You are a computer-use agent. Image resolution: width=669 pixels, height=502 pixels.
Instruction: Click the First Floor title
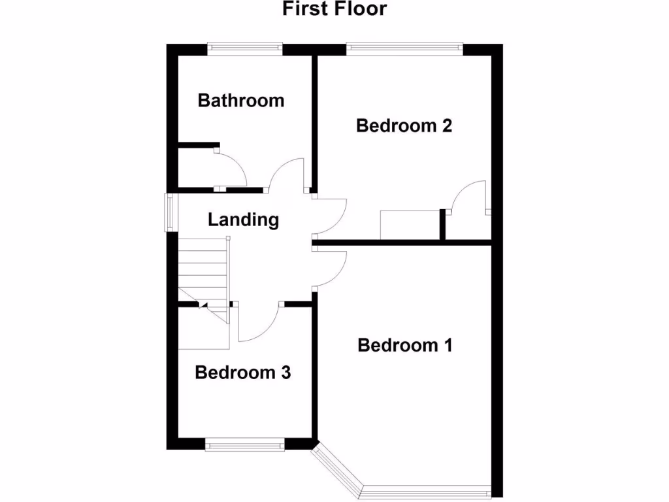click(334, 9)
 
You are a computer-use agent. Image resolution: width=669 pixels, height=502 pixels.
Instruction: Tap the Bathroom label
click(241, 101)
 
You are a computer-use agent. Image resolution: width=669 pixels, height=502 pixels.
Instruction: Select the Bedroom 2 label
click(404, 125)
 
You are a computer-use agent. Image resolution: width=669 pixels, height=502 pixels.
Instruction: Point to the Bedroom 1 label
click(405, 345)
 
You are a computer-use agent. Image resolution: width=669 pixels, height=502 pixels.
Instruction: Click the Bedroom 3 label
click(242, 373)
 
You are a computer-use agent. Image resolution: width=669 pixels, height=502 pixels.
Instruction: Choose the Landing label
click(243, 220)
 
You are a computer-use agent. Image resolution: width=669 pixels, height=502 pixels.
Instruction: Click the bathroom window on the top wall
click(245, 47)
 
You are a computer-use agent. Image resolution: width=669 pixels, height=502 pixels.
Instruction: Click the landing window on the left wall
click(169, 212)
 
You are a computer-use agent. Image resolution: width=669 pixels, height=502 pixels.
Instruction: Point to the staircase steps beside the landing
click(203, 268)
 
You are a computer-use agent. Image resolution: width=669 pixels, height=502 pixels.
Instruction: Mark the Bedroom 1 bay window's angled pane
click(337, 468)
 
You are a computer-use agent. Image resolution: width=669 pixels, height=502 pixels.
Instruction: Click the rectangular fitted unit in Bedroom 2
click(410, 225)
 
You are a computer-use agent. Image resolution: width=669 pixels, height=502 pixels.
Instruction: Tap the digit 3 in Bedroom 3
click(286, 373)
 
